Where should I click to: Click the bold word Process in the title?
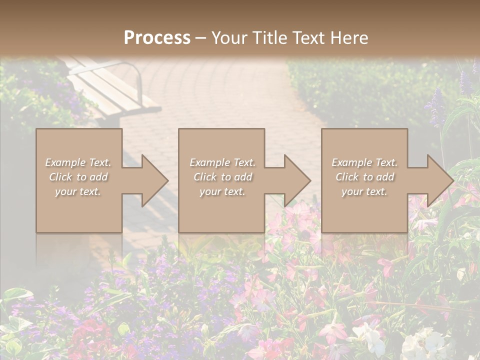157,37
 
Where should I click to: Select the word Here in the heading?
349,37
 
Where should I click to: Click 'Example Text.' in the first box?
78,162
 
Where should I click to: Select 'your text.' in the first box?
78,191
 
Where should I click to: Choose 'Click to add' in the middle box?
222,177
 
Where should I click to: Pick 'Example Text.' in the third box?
364,162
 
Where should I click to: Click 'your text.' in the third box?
364,191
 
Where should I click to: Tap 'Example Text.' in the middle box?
222,162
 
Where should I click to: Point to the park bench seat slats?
110,90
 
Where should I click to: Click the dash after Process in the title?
200,37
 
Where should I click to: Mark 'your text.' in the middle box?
222,191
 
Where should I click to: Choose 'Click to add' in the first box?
78,177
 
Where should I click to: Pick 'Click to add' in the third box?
364,177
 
